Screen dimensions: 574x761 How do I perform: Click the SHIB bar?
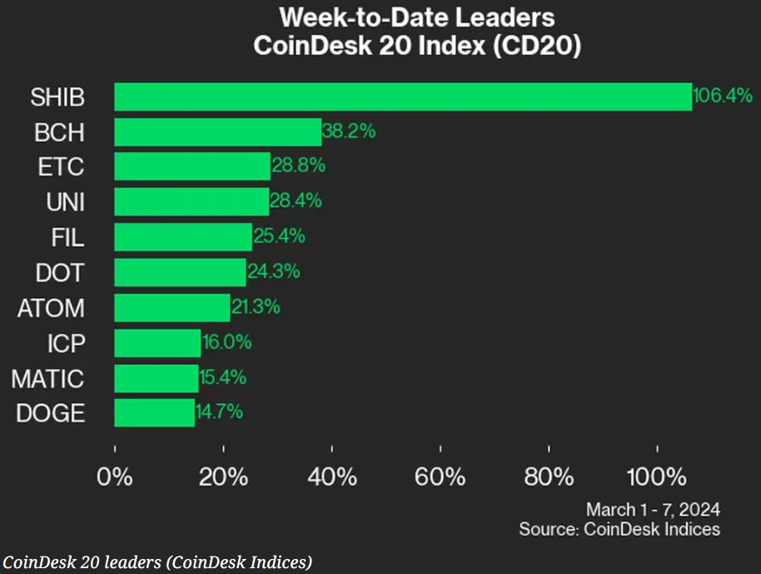coord(402,97)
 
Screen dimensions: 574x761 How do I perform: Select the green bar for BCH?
coord(217,132)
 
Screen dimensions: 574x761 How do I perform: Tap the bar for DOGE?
coord(154,412)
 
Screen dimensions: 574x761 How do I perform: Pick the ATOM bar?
coord(172,307)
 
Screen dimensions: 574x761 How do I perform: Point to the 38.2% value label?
coord(349,131)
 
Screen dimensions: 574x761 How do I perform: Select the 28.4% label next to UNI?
coord(296,201)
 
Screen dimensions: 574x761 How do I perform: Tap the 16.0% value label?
coord(226,342)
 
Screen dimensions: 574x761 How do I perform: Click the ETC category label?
coord(61,167)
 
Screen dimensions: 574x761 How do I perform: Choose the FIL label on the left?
coord(67,237)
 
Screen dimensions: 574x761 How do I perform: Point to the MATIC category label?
coord(47,379)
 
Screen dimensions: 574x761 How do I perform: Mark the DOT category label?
coord(59,272)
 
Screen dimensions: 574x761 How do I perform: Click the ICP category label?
coord(66,342)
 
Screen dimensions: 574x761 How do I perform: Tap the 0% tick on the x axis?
coord(115,477)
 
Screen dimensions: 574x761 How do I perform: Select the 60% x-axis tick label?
coord(440,477)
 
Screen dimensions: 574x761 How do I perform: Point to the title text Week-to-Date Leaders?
coord(416,17)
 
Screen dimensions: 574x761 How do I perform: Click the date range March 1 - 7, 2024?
coord(653,509)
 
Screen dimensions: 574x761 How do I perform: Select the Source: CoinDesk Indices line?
coord(619,529)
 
